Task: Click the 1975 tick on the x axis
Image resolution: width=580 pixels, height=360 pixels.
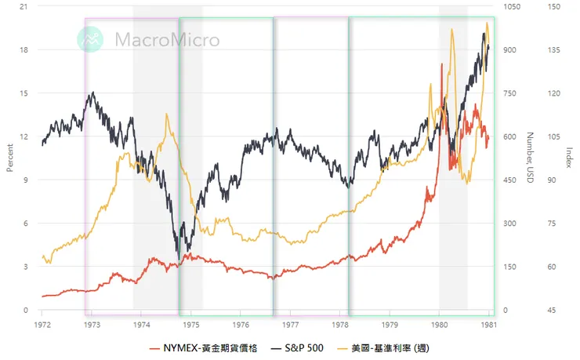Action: click(191, 322)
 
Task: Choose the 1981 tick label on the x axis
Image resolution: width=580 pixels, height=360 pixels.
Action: click(489, 322)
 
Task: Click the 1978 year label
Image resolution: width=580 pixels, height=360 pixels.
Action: click(340, 322)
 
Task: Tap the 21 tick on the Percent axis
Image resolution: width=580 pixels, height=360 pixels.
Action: click(24, 6)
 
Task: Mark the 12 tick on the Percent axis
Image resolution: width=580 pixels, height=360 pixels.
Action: click(24, 136)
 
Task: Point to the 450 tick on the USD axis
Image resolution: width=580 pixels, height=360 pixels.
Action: click(510, 180)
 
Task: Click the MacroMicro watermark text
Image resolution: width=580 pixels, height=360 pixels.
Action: click(167, 39)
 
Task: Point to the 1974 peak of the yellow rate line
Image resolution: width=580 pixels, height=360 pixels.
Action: click(166, 115)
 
